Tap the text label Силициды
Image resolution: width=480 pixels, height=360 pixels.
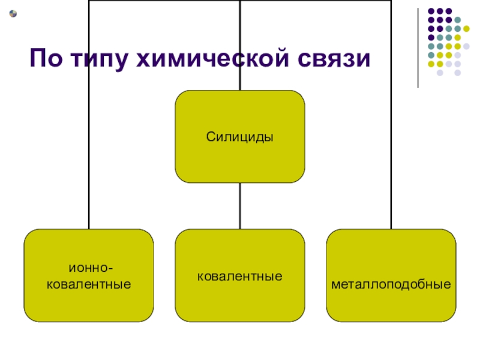click(239, 137)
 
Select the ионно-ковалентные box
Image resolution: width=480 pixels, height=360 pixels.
click(89, 275)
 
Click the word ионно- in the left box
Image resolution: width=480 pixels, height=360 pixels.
click(89, 269)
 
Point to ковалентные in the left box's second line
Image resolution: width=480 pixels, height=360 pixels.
click(89, 282)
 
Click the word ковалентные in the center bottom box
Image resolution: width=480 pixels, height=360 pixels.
click(239, 277)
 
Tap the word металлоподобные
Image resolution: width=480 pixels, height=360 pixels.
click(391, 281)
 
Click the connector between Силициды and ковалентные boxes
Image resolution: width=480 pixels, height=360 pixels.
click(239, 206)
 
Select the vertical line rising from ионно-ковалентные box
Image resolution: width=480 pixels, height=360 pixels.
click(89, 150)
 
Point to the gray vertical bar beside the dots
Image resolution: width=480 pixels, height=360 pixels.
click(418, 48)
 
